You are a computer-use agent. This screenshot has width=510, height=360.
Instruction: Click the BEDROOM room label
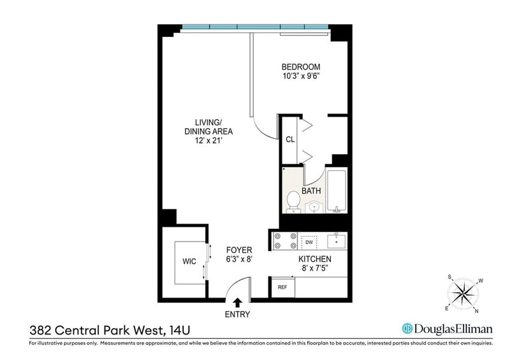(x=301, y=67)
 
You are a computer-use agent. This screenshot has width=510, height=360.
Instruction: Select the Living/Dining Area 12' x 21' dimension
(x=208, y=141)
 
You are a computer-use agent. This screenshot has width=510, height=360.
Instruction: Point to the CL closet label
(x=290, y=140)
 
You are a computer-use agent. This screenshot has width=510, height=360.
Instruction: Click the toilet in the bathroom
(x=293, y=201)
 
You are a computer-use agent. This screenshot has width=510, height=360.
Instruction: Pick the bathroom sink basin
(x=314, y=207)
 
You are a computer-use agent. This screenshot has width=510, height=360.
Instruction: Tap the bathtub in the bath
(x=337, y=191)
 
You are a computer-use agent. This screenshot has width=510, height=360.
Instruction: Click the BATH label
(x=311, y=191)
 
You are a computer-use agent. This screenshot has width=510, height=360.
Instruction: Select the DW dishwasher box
(x=309, y=242)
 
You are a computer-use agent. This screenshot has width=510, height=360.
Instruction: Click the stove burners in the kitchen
(x=285, y=241)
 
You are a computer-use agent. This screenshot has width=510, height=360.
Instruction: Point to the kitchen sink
(x=337, y=241)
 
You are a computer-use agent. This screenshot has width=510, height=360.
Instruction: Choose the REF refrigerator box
(x=282, y=287)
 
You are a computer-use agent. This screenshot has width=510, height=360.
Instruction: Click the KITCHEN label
(x=315, y=259)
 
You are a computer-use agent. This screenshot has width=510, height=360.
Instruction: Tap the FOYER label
(x=239, y=250)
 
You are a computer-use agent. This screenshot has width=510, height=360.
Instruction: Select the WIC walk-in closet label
(x=189, y=261)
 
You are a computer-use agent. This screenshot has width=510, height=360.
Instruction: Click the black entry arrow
(x=238, y=303)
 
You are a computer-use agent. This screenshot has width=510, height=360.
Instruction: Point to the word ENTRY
(x=237, y=315)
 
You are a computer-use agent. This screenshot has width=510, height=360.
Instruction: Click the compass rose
(x=463, y=294)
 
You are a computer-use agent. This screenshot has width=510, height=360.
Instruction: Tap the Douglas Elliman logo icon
(x=407, y=328)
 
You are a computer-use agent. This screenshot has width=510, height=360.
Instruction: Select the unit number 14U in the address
(x=180, y=331)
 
